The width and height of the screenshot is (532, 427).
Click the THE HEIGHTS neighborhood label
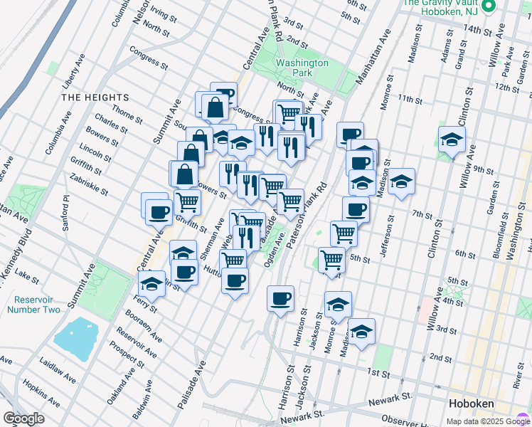[x=95, y=97]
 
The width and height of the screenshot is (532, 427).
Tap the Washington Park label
[x=302, y=68]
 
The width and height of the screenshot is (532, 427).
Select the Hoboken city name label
[x=471, y=404]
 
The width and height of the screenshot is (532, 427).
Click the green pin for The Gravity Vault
[x=489, y=8]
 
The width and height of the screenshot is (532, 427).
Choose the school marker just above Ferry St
[x=151, y=285]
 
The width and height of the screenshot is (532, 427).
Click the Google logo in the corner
[x=23, y=418]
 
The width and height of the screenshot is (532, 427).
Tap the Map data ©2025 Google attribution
[x=487, y=421]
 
